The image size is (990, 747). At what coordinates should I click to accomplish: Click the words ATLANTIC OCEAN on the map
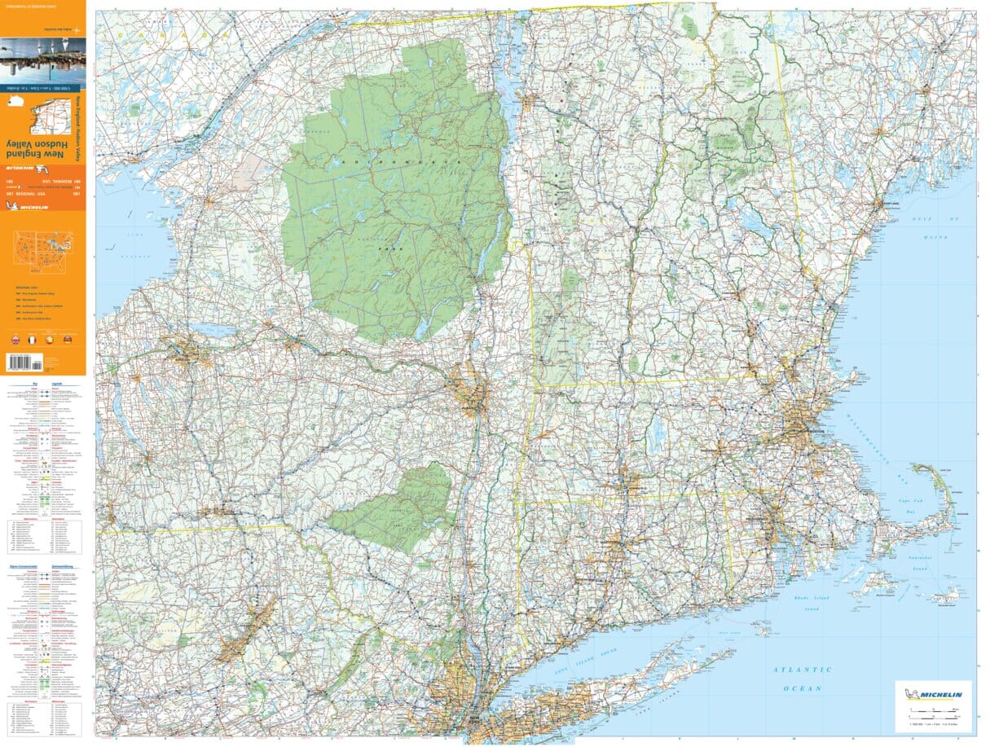click(802, 679)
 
